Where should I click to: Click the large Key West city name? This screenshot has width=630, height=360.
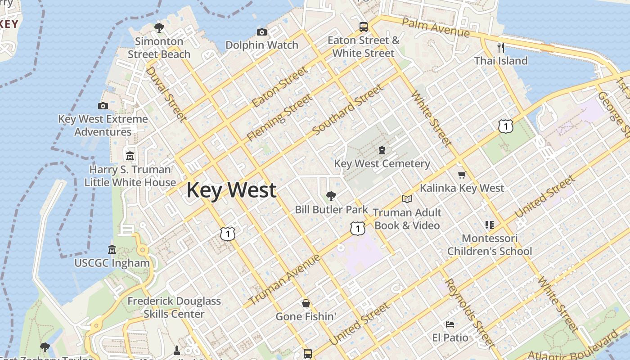click(231, 190)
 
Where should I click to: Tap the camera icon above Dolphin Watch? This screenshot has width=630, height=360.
click(262, 32)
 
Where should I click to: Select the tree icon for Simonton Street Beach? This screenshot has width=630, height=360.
click(159, 28)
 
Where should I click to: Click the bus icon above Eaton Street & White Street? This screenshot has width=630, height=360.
click(364, 27)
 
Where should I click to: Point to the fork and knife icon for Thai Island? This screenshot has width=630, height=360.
click(501, 47)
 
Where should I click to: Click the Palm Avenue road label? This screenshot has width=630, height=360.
click(436, 28)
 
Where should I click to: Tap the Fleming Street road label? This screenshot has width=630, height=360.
click(279, 117)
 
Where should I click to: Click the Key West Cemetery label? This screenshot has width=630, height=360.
click(382, 163)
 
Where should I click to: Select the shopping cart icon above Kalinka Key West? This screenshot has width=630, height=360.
click(462, 175)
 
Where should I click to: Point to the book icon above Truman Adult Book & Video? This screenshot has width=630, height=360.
click(407, 199)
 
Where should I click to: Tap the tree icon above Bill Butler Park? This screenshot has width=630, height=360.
click(331, 196)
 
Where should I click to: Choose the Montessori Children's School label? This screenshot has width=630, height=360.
click(490, 244)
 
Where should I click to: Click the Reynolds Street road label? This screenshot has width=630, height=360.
click(470, 313)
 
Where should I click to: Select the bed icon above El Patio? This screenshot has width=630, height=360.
click(450, 324)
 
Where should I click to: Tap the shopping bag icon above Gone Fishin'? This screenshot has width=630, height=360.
click(306, 303)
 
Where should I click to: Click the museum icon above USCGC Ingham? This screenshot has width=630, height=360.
click(112, 249)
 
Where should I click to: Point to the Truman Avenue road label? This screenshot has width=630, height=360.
click(284, 279)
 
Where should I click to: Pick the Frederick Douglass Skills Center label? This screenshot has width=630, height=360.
click(174, 307)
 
